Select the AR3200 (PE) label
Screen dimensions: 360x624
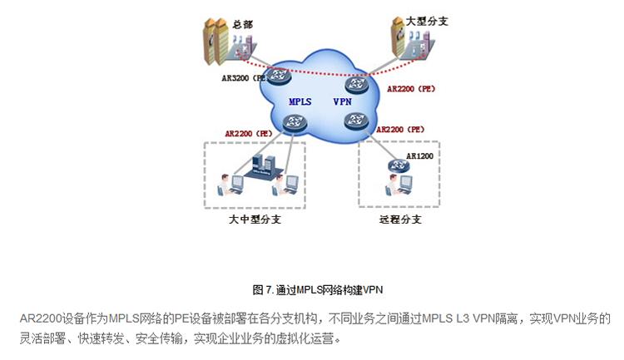pos(242,77)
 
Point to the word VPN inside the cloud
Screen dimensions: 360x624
pos(343,101)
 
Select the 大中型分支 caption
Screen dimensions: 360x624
pos(253,220)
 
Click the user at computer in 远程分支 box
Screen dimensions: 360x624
pos(394,188)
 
